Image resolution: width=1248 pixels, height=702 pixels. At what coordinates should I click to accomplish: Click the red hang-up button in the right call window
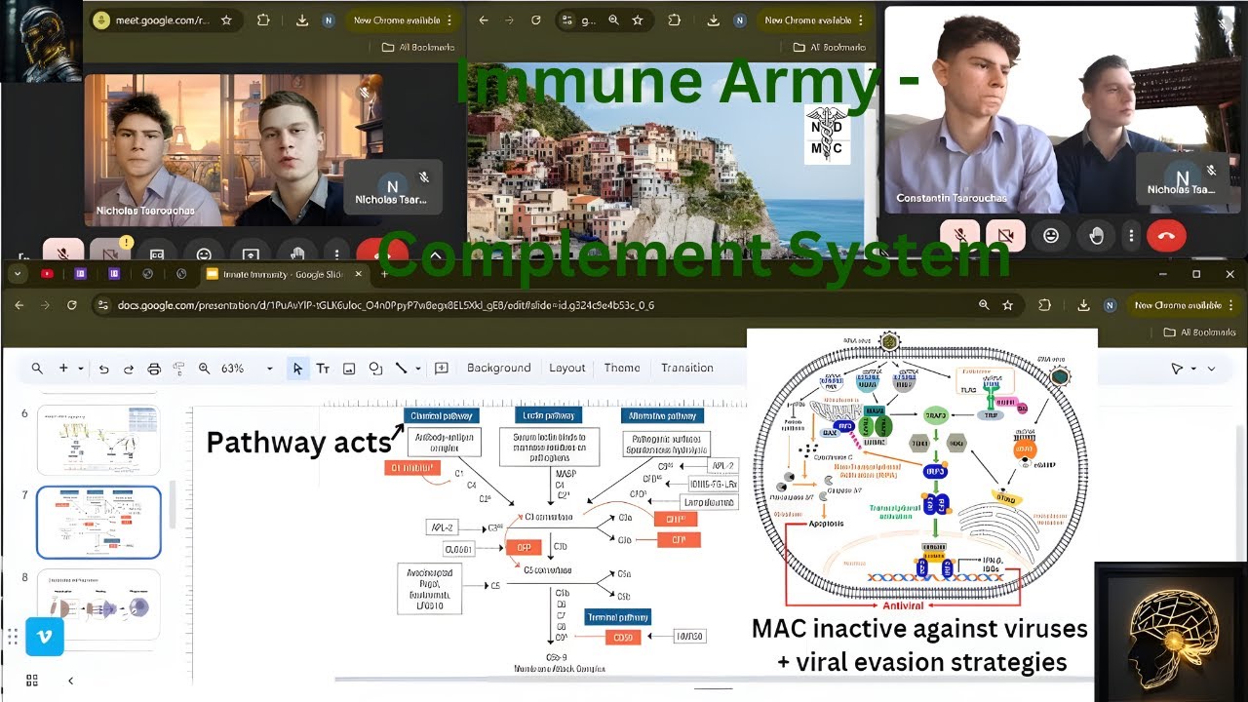tap(1166, 235)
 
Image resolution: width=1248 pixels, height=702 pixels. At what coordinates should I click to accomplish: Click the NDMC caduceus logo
tap(828, 135)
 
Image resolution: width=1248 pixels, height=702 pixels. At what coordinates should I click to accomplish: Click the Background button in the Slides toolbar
tap(498, 368)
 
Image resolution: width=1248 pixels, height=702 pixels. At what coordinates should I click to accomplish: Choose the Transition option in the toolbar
tap(686, 368)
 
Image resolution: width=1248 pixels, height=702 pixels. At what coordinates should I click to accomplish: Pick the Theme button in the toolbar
tap(622, 368)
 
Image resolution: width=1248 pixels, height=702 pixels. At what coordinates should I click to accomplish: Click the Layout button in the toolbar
tap(566, 368)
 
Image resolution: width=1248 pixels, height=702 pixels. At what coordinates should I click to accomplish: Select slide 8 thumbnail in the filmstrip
tap(98, 604)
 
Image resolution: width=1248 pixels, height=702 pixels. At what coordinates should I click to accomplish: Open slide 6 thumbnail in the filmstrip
tap(98, 440)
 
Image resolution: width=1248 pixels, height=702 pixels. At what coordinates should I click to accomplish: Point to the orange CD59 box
tap(623, 638)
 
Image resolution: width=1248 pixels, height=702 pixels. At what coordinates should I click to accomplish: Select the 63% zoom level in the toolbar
tap(233, 369)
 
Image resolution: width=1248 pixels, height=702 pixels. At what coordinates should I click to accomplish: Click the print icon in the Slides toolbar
tap(153, 369)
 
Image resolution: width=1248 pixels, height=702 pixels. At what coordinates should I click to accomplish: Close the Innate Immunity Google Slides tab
tap(359, 274)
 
